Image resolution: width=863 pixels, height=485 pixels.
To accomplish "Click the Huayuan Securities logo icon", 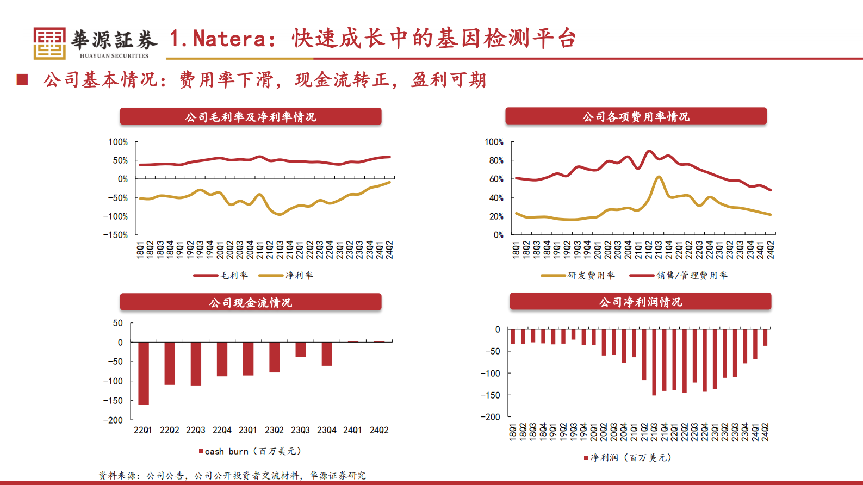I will pyautogui.click(x=49, y=43).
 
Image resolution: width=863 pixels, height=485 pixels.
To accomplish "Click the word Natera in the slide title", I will pyautogui.click(x=229, y=39).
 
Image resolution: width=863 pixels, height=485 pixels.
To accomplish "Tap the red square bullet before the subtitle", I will pyautogui.click(x=22, y=80).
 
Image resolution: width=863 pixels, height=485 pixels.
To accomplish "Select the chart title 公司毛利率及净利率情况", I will pyautogui.click(x=250, y=117).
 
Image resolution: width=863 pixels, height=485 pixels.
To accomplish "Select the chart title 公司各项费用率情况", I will pyautogui.click(x=636, y=116).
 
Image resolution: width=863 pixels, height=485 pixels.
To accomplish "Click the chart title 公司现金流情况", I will pyautogui.click(x=250, y=302).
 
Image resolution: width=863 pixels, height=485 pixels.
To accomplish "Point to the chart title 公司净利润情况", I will pyautogui.click(x=640, y=302).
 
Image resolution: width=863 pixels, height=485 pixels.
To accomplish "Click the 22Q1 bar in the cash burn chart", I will pyautogui.click(x=144, y=373).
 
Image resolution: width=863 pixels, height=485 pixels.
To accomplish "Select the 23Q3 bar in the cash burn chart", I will pyautogui.click(x=301, y=349).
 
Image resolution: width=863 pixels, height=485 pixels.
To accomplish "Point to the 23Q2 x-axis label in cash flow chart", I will pyautogui.click(x=274, y=430).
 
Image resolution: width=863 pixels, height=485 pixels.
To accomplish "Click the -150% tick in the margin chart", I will pyautogui.click(x=115, y=235).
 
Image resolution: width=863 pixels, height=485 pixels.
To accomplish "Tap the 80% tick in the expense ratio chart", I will pyautogui.click(x=496, y=160).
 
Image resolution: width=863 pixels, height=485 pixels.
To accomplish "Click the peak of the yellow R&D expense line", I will pyautogui.click(x=659, y=177).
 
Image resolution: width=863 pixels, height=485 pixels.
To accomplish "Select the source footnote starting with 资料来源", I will pyautogui.click(x=232, y=476).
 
